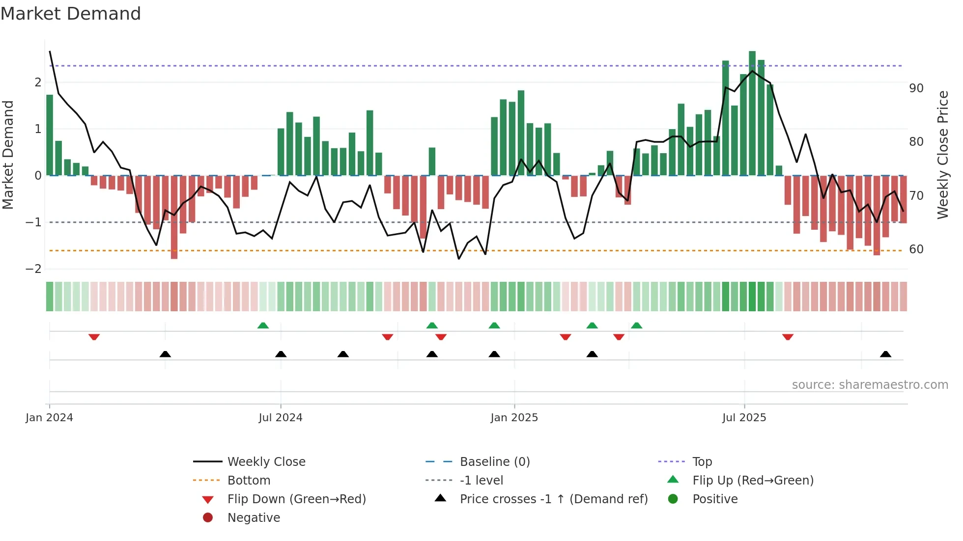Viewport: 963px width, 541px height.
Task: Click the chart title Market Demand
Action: [71, 14]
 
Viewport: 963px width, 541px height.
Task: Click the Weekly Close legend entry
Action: [266, 461]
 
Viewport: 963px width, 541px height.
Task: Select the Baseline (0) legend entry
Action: [494, 461]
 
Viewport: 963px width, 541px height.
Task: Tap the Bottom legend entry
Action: [249, 480]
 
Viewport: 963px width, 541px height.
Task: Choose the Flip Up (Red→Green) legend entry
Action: [753, 480]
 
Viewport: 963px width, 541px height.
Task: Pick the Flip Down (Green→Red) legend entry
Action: [296, 499]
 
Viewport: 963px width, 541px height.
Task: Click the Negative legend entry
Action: [254, 517]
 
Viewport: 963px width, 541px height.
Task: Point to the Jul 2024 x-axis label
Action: [281, 417]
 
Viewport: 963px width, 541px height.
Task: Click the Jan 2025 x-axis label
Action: [514, 417]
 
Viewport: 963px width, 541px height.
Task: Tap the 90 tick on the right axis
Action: [916, 88]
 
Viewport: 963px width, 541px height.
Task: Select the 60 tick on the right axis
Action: [916, 249]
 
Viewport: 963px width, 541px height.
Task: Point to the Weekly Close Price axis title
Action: [942, 155]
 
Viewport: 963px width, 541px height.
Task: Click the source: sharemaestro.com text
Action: [870, 384]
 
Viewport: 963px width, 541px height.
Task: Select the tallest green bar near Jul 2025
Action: [752, 113]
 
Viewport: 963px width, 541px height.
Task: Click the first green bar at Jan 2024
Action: [50, 135]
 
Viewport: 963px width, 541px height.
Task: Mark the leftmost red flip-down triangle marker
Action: [94, 337]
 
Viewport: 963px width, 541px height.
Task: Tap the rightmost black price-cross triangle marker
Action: [885, 354]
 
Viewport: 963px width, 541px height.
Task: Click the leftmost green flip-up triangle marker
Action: [263, 325]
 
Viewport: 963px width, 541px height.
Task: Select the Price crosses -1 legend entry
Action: [553, 499]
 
